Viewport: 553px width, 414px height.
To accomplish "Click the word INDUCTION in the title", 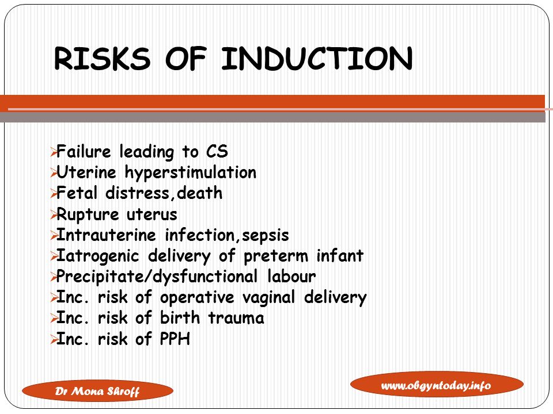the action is click(x=317, y=59).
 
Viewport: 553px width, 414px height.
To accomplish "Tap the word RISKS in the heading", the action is click(x=102, y=59).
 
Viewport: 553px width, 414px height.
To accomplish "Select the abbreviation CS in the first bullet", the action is click(x=217, y=151).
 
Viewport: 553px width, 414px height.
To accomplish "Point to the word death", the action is click(x=199, y=193).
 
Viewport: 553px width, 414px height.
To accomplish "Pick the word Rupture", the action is click(x=88, y=214).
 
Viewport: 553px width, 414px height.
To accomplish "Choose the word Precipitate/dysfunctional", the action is click(x=157, y=277).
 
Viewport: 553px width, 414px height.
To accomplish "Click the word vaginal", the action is click(x=268, y=298).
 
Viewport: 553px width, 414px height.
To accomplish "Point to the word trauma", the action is click(x=236, y=318).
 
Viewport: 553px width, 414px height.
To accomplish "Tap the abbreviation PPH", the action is click(x=175, y=339).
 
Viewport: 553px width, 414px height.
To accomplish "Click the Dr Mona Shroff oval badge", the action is click(x=97, y=391).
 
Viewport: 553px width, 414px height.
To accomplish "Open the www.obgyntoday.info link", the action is click(x=437, y=385).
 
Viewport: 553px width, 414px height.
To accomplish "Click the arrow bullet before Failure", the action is click(x=53, y=152).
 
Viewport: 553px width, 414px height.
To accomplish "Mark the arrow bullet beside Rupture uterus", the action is click(x=53, y=214).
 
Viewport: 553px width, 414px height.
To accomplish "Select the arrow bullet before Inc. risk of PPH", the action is click(x=53, y=340).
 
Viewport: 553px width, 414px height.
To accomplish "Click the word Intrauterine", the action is click(x=106, y=235).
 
